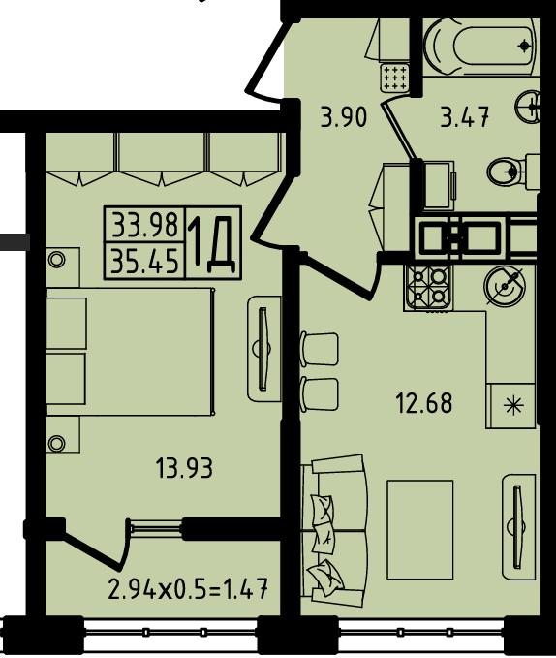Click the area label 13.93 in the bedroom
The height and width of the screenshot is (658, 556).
click(x=184, y=468)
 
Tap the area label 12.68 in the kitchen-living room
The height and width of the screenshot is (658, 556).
click(x=424, y=403)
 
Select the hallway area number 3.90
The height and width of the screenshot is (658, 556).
click(x=344, y=117)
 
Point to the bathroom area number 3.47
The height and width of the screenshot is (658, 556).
click(x=465, y=117)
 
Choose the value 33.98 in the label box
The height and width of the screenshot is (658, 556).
click(x=144, y=225)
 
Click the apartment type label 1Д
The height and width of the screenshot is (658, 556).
click(x=212, y=243)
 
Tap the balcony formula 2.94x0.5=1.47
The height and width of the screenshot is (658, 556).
click(x=188, y=588)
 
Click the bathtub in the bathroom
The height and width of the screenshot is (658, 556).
click(x=480, y=47)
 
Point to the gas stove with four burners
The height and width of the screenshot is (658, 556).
click(x=428, y=288)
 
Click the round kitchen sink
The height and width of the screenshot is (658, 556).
click(x=505, y=286)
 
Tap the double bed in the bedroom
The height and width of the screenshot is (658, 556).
click(x=130, y=352)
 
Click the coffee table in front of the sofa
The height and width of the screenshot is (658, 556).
click(x=420, y=529)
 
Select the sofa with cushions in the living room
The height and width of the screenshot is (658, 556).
click(x=334, y=531)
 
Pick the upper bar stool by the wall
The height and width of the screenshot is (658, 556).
click(x=320, y=349)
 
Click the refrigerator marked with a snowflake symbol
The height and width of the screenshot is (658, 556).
click(x=510, y=405)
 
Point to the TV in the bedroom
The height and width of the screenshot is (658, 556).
click(x=263, y=349)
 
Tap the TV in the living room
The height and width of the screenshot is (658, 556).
click(x=518, y=526)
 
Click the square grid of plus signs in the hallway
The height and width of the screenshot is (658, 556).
click(x=393, y=78)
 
